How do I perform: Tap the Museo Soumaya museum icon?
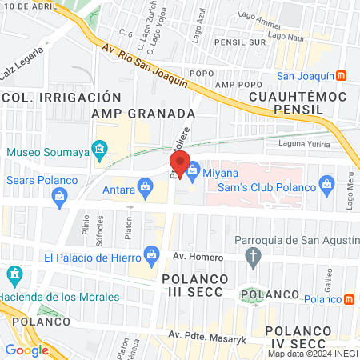pyautogui.click(x=99, y=148)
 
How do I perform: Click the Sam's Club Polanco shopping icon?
pyautogui.click(x=326, y=186)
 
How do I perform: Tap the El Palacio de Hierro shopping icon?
pyautogui.click(x=150, y=257)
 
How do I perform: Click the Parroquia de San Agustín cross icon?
pyautogui.click(x=254, y=258)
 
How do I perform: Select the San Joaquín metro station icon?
pyautogui.click(x=342, y=76)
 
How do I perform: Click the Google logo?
pyautogui.click(x=26, y=350)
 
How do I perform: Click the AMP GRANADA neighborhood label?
pyautogui.click(x=143, y=113)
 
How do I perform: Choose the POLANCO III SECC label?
pyautogui.click(x=195, y=286)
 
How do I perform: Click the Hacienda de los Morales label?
pyautogui.click(x=59, y=297)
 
